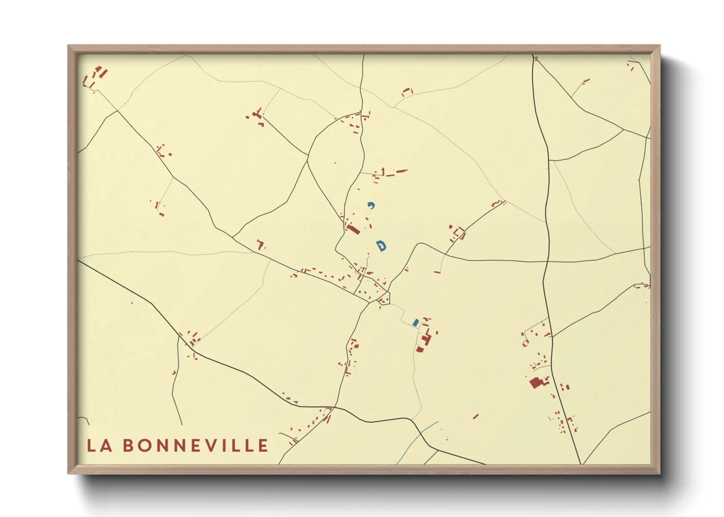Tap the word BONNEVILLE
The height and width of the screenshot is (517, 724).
coord(195,446)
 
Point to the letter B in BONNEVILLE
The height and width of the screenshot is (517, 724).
coord(128,446)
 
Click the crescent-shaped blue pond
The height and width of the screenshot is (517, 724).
coord(371,205)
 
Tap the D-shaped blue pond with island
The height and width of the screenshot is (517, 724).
coord(381,245)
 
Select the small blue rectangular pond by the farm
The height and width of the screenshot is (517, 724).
coord(415,323)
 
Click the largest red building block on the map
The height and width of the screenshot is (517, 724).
coord(537,382)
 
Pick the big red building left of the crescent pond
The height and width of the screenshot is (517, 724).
coord(353,229)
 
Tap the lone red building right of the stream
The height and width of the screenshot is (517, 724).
coord(475,416)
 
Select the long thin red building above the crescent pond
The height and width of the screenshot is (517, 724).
coord(402,171)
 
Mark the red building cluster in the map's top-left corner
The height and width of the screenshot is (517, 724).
coord(96,76)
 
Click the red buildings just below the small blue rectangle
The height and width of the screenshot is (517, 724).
coord(425,340)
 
